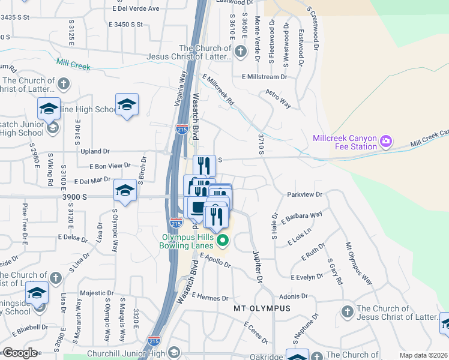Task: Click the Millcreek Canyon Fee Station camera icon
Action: click(386, 142)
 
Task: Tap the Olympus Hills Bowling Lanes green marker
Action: click(223, 241)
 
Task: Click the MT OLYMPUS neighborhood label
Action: click(262, 308)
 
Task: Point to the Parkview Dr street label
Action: click(305, 194)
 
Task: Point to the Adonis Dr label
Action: click(293, 296)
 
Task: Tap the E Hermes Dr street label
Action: click(211, 298)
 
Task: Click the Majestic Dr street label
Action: click(93, 293)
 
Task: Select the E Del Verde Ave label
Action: click(136, 9)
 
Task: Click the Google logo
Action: click(20, 352)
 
